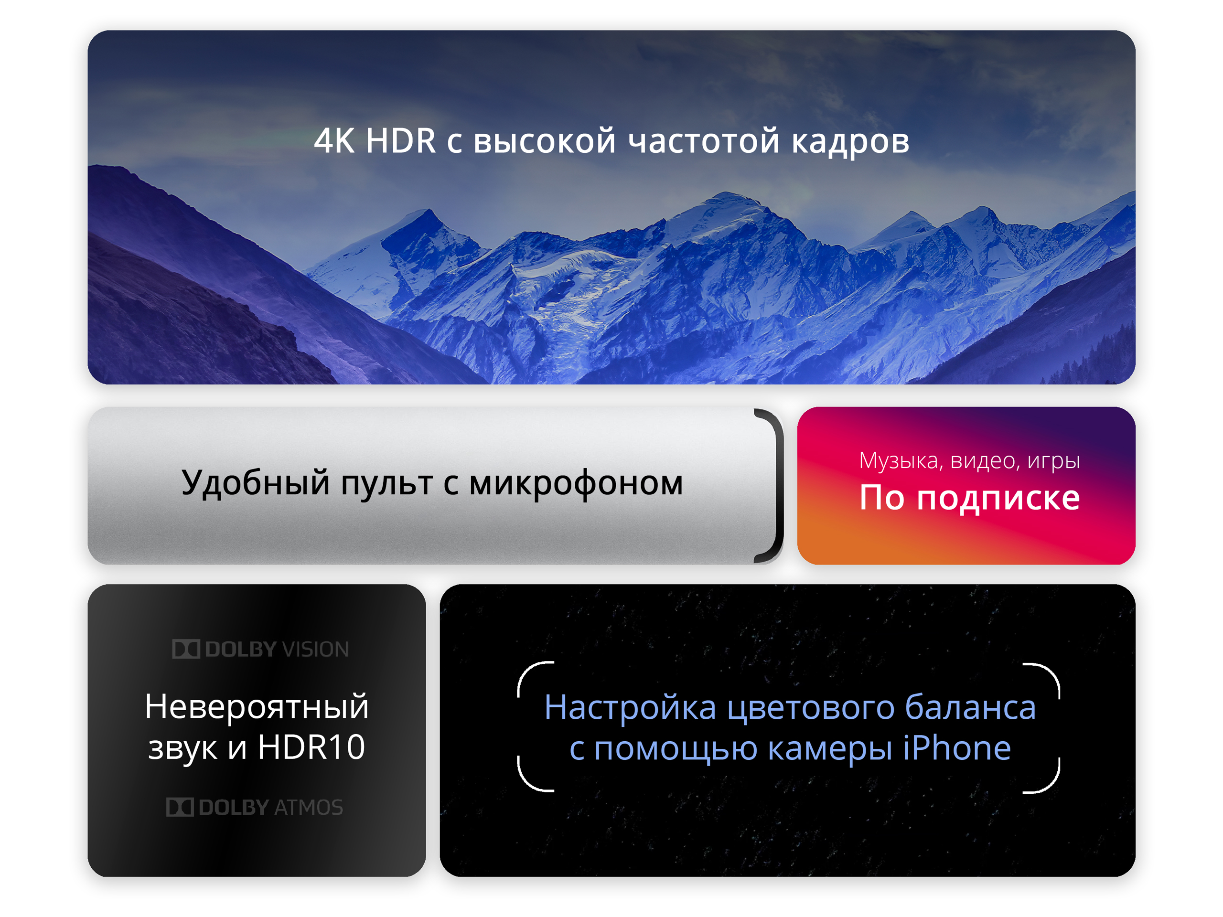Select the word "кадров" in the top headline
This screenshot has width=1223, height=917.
coord(850,141)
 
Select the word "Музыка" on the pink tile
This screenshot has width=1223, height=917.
coord(899,460)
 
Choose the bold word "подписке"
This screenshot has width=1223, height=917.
coord(998,498)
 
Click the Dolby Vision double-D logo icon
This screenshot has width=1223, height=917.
coord(186,649)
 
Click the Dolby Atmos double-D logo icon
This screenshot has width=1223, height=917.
coord(180,807)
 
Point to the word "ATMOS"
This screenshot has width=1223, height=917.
coord(309,807)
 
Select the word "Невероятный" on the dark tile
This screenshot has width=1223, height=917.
coord(257,706)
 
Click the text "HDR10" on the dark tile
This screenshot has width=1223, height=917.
coord(311,747)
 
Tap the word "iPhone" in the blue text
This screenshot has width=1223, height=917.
coord(957,748)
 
